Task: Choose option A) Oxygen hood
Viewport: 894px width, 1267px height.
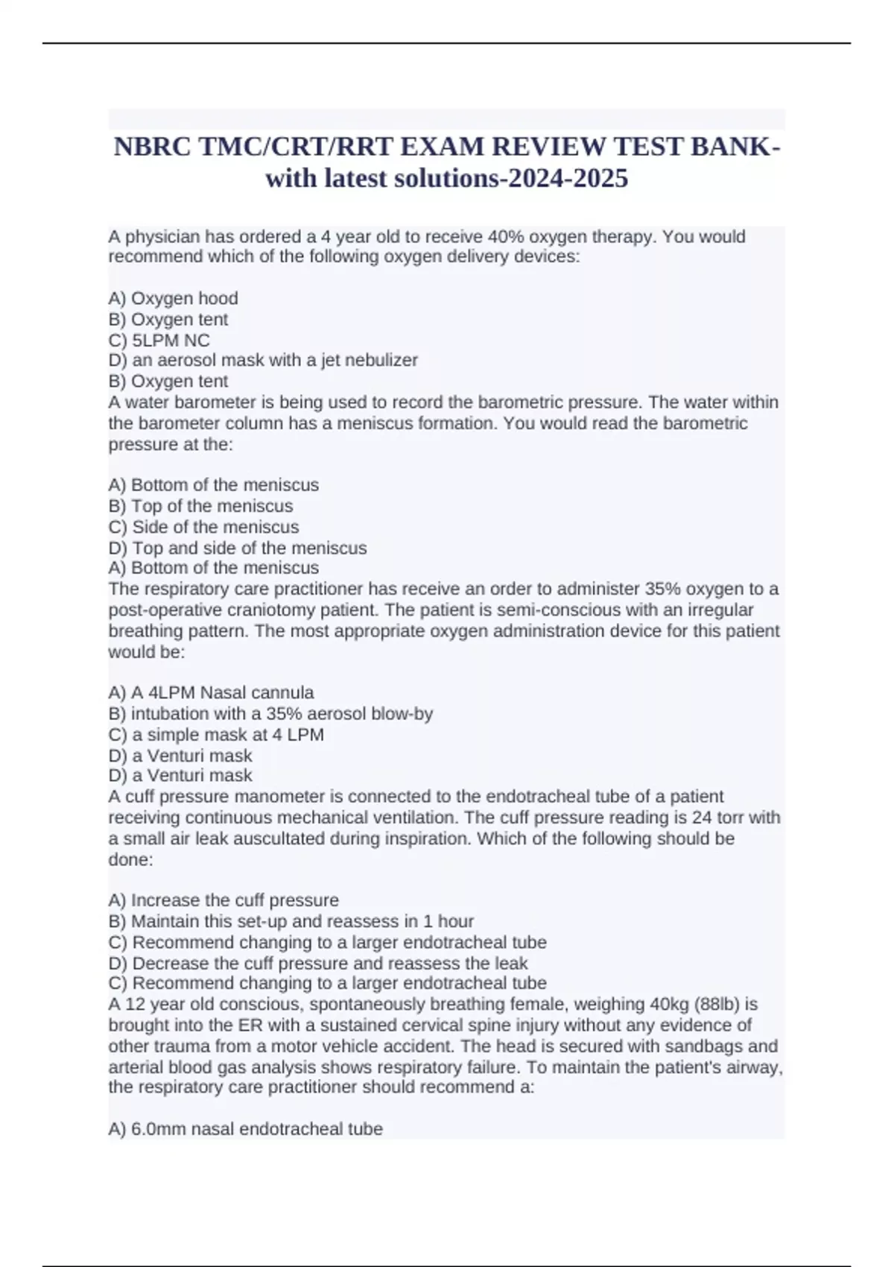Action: coord(173,298)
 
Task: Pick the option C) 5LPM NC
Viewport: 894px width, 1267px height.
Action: coord(159,340)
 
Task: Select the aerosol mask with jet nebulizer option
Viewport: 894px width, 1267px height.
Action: coord(263,360)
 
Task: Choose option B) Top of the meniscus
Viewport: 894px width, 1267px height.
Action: coord(200,506)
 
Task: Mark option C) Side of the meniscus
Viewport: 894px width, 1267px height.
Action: coord(203,527)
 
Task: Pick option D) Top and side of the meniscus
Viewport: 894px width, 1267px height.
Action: coord(237,548)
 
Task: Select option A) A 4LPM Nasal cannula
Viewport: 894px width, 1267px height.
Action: coord(211,692)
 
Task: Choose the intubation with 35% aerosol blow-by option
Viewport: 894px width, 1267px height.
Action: coord(270,713)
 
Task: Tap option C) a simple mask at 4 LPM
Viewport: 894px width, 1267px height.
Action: coord(216,734)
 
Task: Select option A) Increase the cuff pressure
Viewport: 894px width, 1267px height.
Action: coord(223,900)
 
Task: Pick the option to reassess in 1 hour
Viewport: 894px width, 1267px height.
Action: coord(291,921)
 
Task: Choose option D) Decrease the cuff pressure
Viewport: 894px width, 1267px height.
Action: coord(317,963)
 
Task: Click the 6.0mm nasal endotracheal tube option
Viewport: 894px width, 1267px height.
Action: coord(245,1129)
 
